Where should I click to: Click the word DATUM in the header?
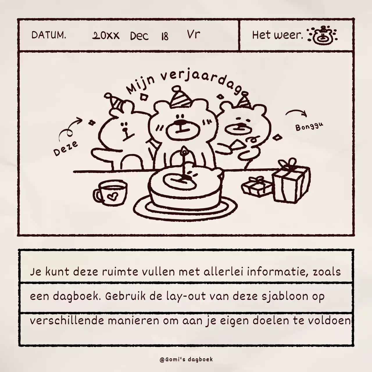click(x=49, y=35)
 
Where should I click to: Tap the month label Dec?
click(x=139, y=36)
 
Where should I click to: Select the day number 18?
click(x=164, y=36)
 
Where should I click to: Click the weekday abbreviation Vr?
click(x=193, y=34)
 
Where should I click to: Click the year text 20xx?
click(x=106, y=36)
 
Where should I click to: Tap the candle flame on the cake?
click(x=184, y=151)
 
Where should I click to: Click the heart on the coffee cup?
click(x=112, y=197)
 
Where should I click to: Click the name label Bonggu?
click(x=309, y=127)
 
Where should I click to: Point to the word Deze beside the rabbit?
click(x=66, y=148)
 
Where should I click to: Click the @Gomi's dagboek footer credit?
click(x=186, y=360)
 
